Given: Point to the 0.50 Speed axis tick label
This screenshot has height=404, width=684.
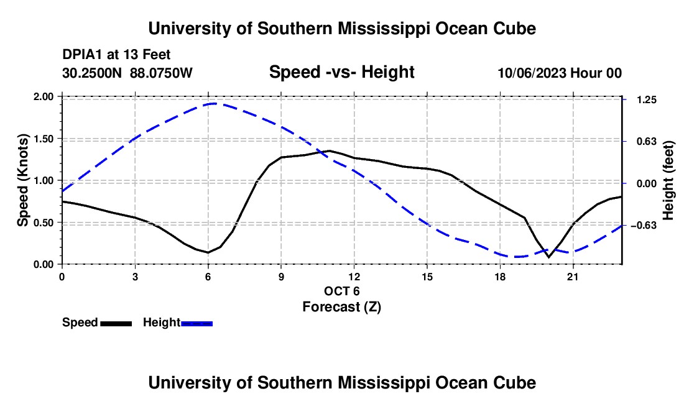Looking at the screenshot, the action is (43, 223).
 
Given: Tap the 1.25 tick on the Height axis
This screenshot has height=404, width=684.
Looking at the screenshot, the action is (647, 100).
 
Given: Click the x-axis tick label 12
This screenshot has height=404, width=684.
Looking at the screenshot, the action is (354, 277).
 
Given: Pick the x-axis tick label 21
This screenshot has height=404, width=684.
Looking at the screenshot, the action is (573, 277).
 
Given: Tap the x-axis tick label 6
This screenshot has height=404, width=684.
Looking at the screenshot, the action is (208, 277).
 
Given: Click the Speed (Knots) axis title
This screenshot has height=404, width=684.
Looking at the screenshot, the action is (22, 180).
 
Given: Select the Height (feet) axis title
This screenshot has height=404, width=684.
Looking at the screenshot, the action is (668, 180).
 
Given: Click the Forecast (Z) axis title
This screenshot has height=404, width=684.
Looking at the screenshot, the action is (341, 307).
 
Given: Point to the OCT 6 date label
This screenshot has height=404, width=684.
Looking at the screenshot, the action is (341, 291).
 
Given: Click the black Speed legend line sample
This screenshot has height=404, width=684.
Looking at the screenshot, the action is (116, 324).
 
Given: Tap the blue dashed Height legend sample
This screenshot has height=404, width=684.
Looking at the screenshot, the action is (196, 324).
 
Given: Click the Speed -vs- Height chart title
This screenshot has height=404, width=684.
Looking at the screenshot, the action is (341, 72).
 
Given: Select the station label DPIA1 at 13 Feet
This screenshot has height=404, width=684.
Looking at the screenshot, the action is (116, 55).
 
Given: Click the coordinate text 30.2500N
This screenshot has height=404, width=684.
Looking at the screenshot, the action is (92, 73).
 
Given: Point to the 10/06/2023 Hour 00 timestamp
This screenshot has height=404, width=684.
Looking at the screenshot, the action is (560, 73).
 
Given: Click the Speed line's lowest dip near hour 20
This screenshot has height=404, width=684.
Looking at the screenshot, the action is (549, 257).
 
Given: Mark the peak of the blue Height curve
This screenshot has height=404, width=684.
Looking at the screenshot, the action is (214, 104).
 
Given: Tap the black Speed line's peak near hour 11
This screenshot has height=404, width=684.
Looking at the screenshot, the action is (330, 151).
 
